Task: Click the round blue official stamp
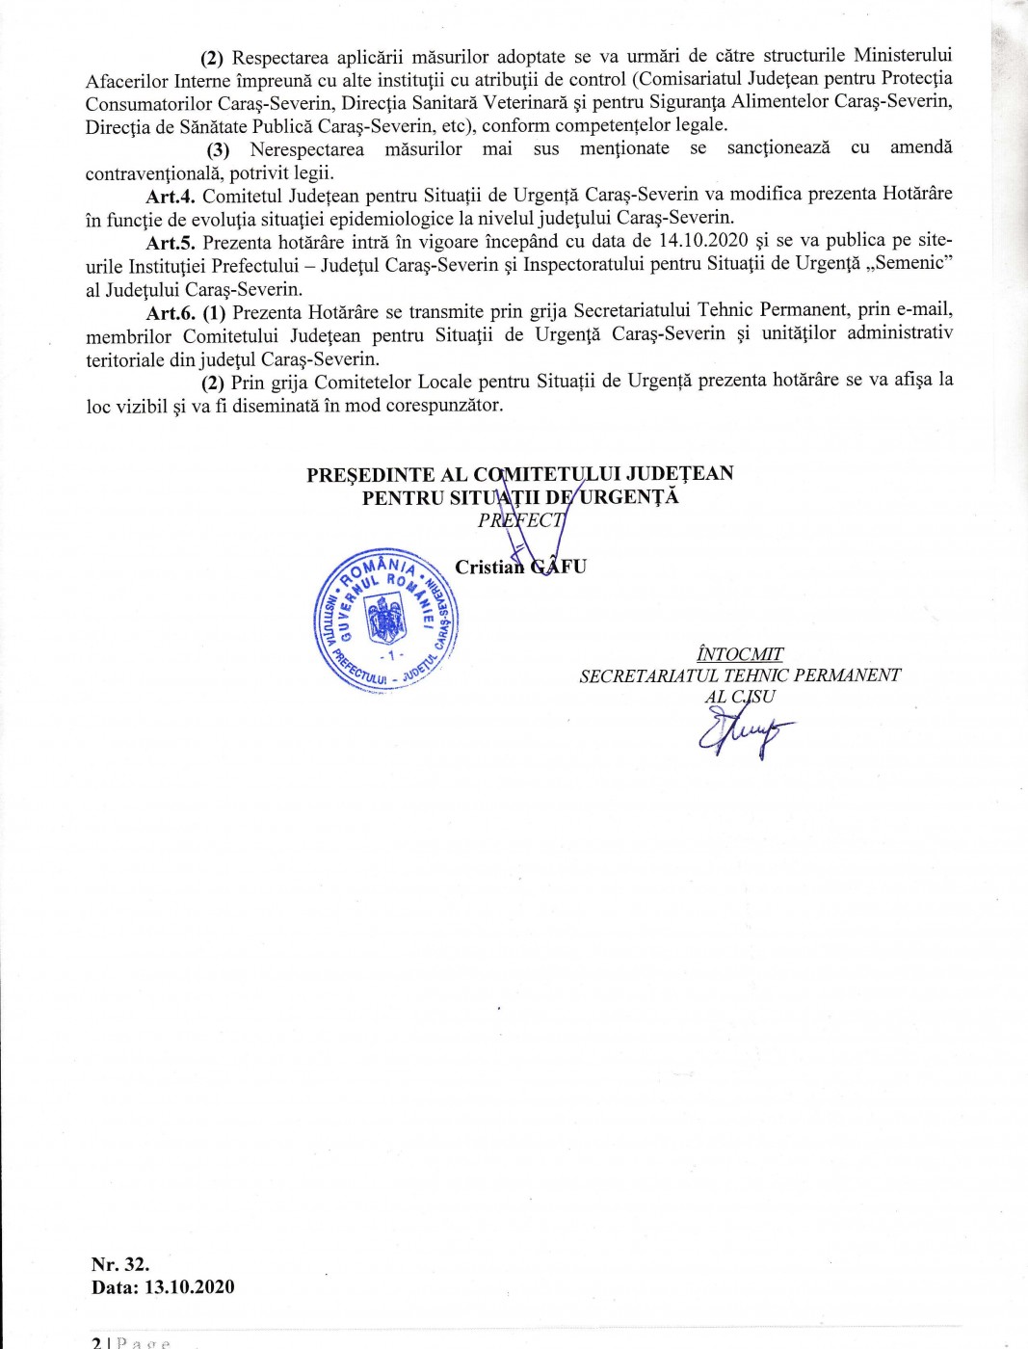point(387,620)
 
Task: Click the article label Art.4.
point(171,195)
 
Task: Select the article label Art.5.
point(171,242)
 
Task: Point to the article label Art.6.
point(171,312)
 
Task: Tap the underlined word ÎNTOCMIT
point(740,654)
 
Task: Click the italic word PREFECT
point(521,520)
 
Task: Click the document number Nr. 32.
point(120,1264)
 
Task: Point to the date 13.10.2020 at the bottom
point(190,1287)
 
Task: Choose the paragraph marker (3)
point(219,150)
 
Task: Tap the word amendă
point(921,147)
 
